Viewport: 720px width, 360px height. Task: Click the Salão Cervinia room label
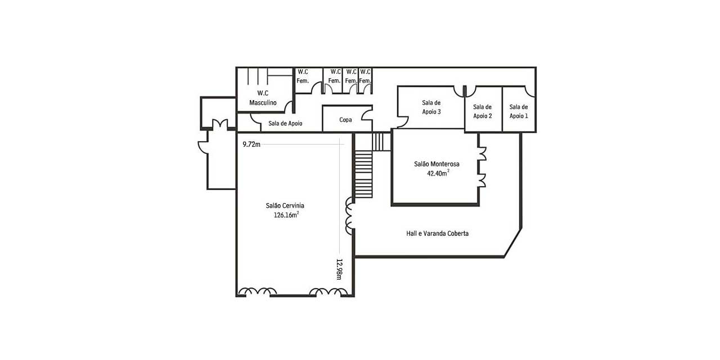[285, 206]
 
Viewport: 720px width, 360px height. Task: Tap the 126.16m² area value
[286, 215]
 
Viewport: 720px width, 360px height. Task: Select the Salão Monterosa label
[436, 164]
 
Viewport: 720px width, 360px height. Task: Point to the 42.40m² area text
[438, 173]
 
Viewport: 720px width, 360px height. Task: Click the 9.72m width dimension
[251, 145]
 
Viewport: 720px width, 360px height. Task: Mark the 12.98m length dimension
[339, 269]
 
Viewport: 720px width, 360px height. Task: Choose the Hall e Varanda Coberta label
[437, 233]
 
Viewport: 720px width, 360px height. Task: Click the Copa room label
[345, 120]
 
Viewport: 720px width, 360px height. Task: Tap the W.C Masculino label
[263, 98]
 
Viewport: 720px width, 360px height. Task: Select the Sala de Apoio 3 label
[431, 107]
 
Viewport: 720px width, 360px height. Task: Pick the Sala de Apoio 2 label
[483, 111]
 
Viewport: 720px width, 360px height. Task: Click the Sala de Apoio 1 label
[519, 111]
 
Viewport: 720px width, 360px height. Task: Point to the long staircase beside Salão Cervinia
[363, 174]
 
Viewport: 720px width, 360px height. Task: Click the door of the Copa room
[367, 115]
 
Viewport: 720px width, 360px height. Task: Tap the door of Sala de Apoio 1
[530, 91]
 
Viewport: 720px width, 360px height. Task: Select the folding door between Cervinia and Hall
[349, 215]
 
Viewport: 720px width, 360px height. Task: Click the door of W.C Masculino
[289, 107]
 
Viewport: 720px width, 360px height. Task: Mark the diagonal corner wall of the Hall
[512, 242]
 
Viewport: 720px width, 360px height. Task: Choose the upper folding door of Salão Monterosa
[482, 154]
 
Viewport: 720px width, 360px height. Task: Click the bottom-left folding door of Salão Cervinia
[257, 291]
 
